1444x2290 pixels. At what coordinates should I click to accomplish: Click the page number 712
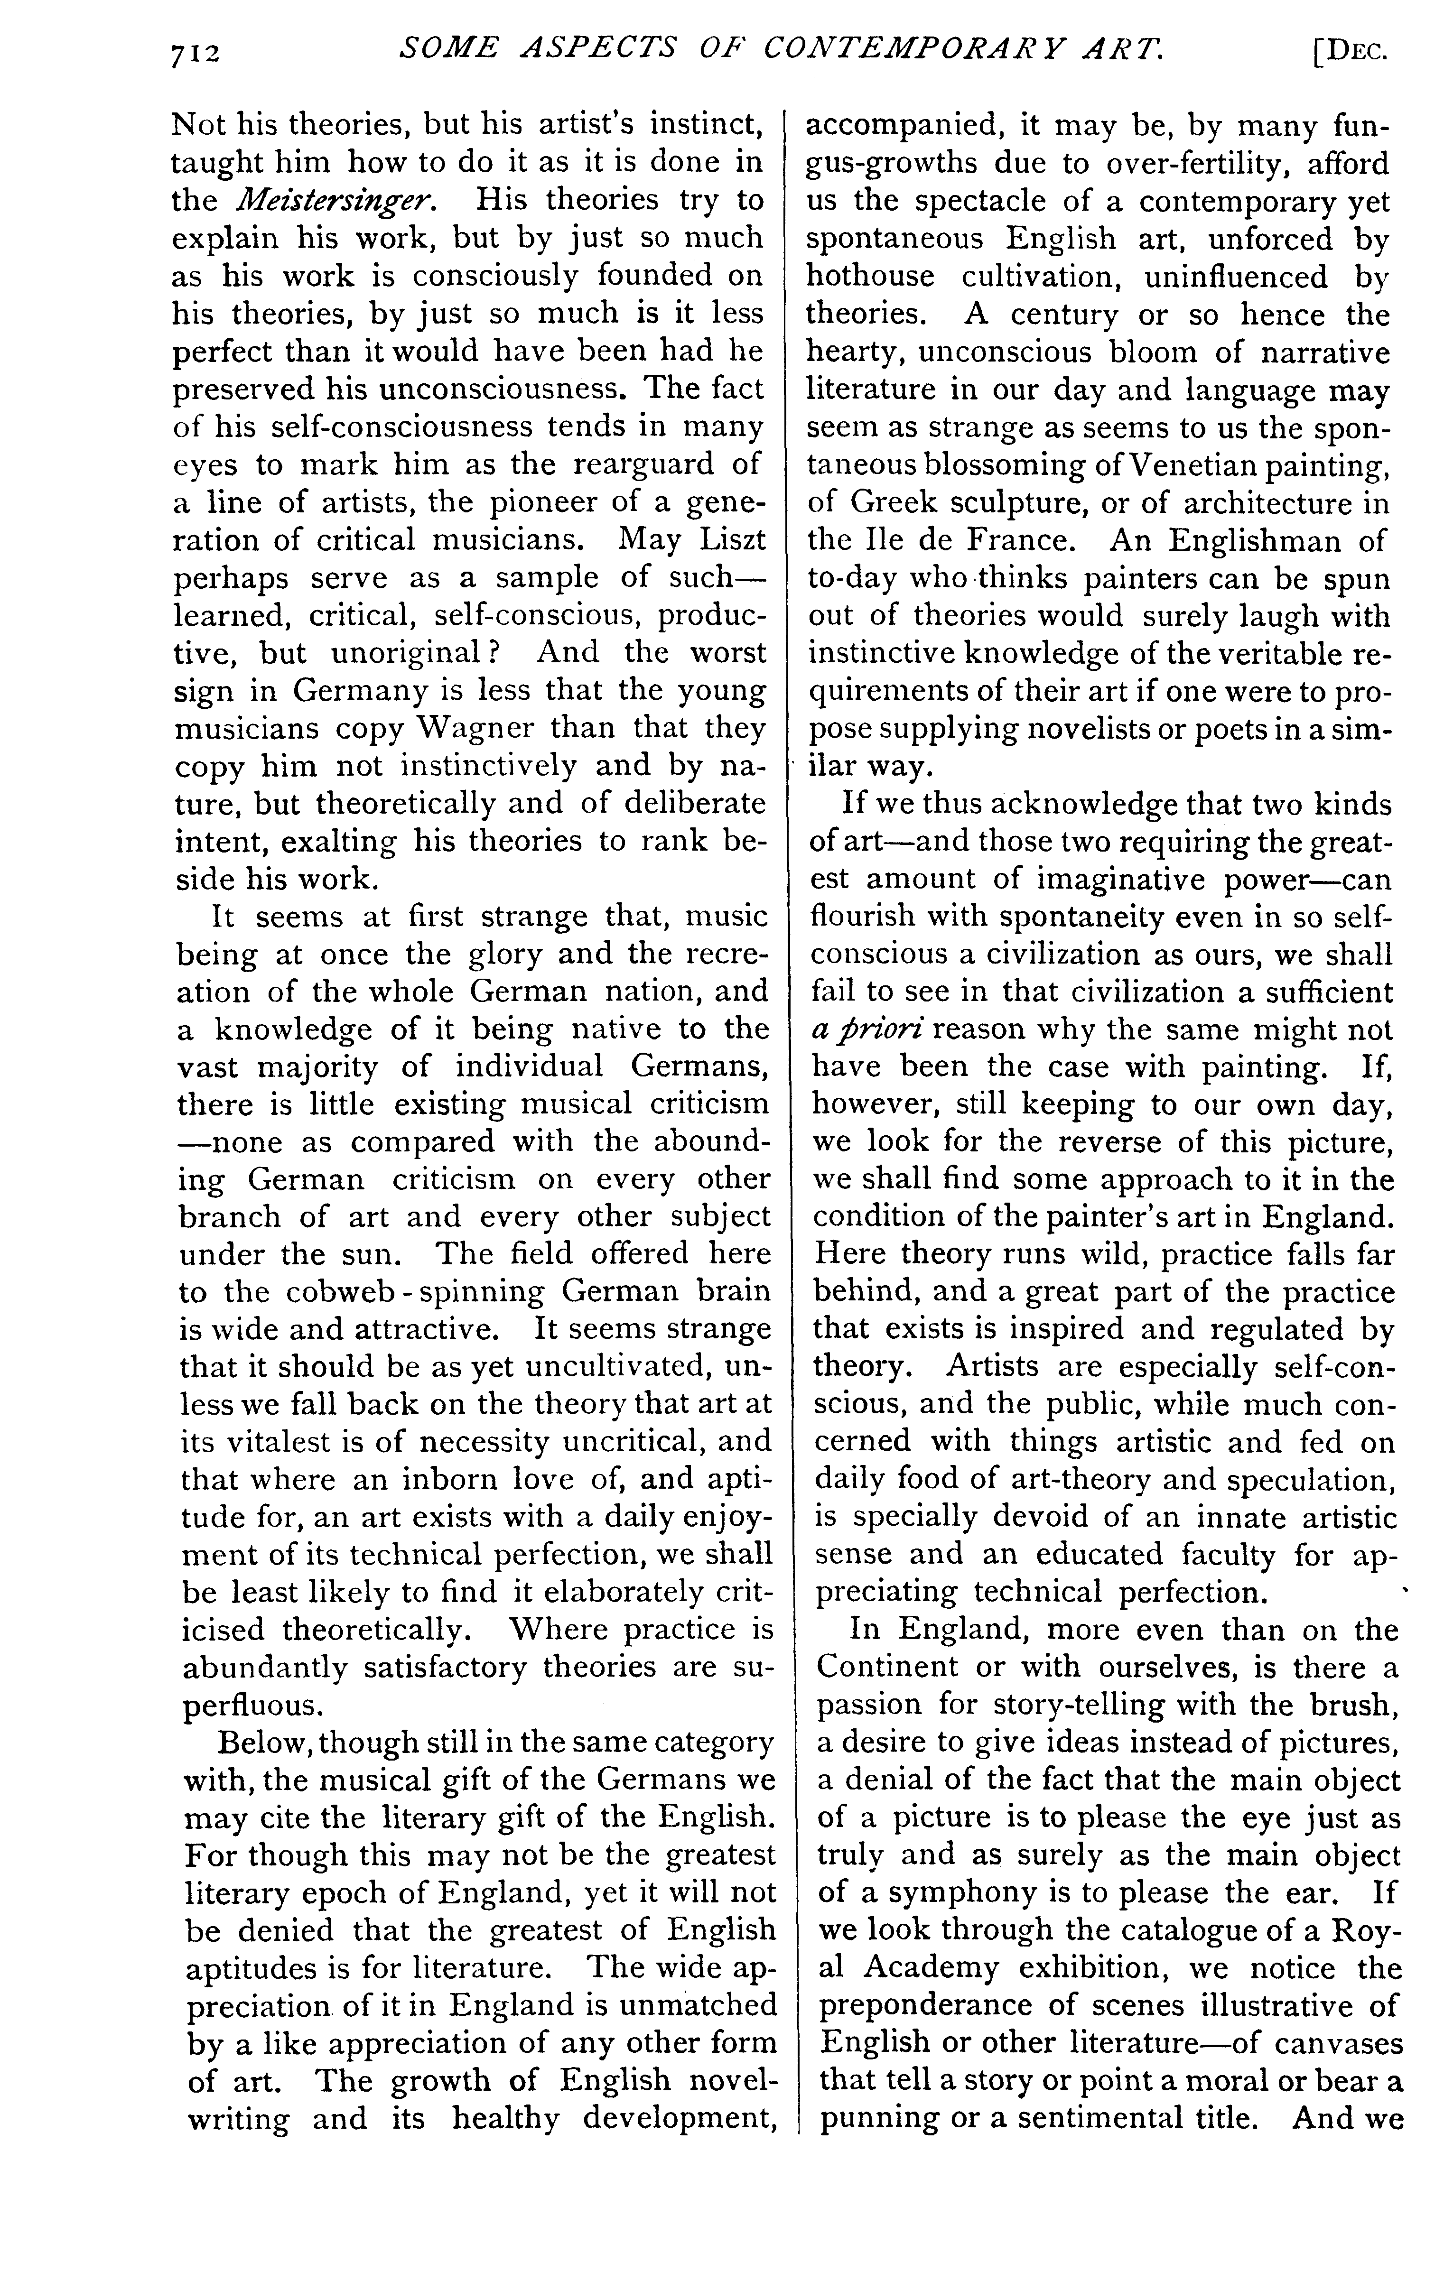pos(195,54)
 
